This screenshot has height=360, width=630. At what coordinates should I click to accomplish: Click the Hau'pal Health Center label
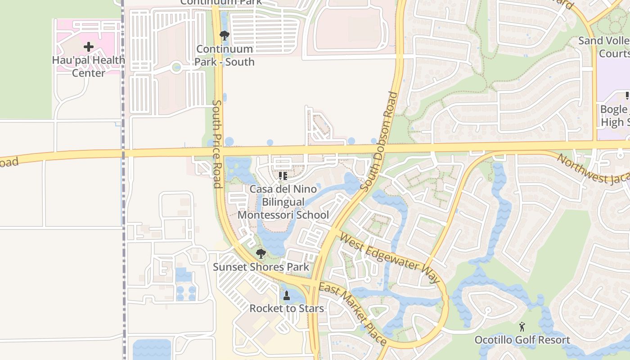click(x=89, y=66)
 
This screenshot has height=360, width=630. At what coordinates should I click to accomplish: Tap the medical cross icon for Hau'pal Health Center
click(x=89, y=46)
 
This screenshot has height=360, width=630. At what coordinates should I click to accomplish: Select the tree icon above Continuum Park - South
click(x=224, y=35)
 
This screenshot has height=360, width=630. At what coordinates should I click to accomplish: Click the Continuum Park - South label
click(x=225, y=55)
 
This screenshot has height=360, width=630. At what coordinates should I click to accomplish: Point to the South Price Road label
click(x=216, y=144)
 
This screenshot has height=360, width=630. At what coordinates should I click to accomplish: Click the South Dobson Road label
click(x=380, y=141)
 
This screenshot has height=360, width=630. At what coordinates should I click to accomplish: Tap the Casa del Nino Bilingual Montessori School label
click(x=283, y=202)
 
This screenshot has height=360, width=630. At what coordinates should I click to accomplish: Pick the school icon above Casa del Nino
click(x=283, y=175)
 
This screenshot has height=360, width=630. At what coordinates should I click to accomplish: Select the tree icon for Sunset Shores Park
click(x=261, y=253)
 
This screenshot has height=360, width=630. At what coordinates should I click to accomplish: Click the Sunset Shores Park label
click(x=261, y=267)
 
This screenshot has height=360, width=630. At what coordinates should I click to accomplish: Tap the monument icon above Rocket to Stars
click(x=287, y=295)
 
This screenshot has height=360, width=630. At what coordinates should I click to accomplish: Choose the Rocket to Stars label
click(x=287, y=308)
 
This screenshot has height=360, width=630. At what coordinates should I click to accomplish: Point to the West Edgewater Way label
click(x=390, y=257)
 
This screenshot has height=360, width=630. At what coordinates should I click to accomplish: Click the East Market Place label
click(x=352, y=313)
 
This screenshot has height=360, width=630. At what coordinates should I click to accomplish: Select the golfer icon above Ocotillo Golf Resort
click(x=522, y=327)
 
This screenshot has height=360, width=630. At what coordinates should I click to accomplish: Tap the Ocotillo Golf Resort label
click(x=522, y=340)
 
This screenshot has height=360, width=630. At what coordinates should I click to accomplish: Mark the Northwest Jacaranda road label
click(x=593, y=169)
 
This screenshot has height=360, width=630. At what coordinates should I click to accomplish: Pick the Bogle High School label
click(x=615, y=116)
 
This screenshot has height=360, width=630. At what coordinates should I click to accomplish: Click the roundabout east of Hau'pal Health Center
click(x=176, y=68)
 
